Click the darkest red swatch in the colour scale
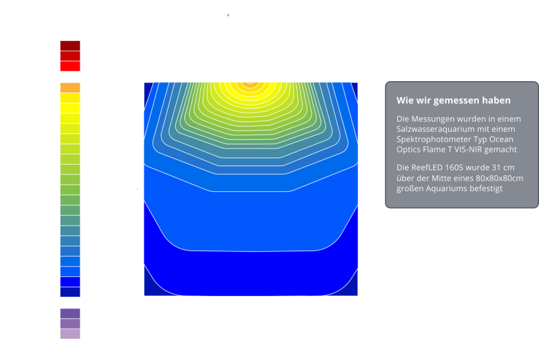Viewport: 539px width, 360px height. click(70, 45)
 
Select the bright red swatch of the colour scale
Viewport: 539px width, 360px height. click(70, 67)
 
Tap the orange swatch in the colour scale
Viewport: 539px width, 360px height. click(70, 88)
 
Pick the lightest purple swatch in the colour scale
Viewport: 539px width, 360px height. click(70, 334)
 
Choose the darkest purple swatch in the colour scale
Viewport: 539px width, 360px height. click(70, 314)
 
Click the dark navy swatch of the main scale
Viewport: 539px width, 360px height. click(70, 292)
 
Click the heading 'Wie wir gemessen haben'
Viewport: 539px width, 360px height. click(453, 100)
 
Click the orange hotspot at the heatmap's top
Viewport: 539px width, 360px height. click(250, 84)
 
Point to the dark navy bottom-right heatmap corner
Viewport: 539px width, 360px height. click(351, 289)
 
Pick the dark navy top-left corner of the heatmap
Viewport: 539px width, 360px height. click(148, 90)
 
